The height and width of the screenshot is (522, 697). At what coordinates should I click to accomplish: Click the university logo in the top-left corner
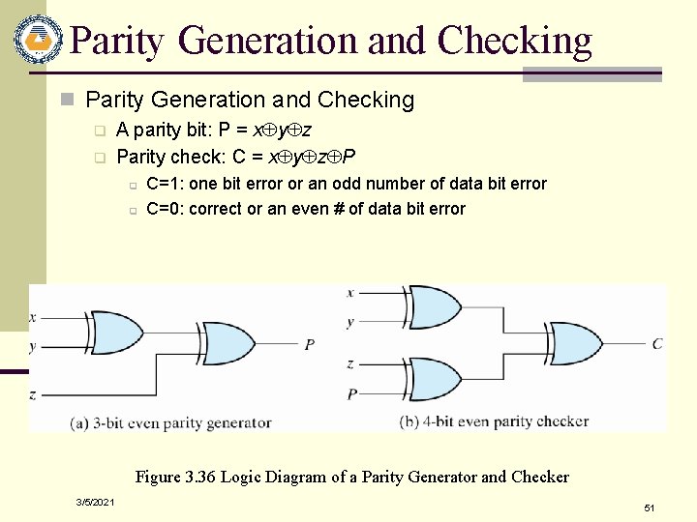38,40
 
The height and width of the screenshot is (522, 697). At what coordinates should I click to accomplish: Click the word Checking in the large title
514,41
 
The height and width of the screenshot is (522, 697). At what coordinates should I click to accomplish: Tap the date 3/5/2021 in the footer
95,503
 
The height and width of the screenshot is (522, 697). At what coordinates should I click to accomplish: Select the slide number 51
650,507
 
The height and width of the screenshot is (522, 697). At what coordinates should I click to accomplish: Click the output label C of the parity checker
657,343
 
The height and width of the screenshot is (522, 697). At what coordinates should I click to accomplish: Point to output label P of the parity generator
310,344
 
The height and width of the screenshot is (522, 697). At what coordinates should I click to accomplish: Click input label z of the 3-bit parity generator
33,394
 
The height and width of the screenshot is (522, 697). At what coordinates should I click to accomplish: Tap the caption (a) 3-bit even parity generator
170,422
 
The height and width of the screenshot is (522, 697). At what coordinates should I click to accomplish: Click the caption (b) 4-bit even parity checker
494,421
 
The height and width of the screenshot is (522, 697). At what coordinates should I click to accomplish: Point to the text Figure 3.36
177,477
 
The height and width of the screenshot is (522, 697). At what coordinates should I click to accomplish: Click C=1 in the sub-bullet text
164,184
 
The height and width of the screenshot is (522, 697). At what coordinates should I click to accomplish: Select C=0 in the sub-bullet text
164,209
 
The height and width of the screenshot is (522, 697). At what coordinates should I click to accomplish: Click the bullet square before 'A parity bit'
98,130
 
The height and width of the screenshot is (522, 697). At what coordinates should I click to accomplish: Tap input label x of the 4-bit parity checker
350,292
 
